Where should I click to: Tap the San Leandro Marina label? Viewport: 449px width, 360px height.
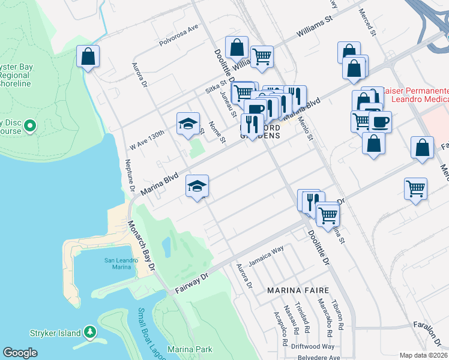click(x=118, y=263)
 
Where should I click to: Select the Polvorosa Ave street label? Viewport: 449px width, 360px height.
click(x=178, y=35)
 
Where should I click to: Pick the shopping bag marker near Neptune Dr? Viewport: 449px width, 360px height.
click(x=88, y=57)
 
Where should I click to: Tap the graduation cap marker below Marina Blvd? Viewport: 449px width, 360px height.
click(x=197, y=186)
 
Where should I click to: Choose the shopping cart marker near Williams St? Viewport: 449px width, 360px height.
click(x=262, y=57)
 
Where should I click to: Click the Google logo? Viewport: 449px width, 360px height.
click(x=20, y=353)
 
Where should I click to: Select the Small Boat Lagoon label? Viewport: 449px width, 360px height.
click(x=147, y=328)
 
